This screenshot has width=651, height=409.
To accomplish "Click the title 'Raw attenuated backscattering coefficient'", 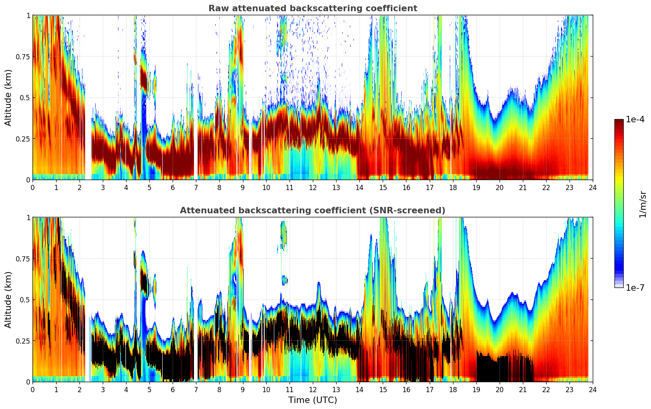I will pos(312,8).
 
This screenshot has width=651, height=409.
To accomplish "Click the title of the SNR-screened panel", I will pos(312,211).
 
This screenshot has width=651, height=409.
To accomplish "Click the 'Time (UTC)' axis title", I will pos(312,400).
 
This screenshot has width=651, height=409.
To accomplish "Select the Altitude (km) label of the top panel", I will pos(8,97).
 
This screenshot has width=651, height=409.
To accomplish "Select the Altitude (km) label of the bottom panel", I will pos(8,300).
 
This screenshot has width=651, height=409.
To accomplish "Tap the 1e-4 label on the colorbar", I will pos(635,119).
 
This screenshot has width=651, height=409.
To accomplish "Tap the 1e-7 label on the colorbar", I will pos(635,288).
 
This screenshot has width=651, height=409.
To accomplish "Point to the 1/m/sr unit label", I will pos(643,204).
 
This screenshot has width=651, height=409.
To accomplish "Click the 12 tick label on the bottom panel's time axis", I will pos(312,390).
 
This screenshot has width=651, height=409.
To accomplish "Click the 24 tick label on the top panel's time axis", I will pos(592,188).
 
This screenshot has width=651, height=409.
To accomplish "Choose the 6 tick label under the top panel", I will pos(173,188).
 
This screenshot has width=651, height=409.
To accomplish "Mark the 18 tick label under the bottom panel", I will pos(453,390).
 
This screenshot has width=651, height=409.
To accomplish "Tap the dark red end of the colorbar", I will pos(619,122).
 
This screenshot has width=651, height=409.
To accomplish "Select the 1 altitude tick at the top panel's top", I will pos(28,15).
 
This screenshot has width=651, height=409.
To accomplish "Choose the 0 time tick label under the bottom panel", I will pos(33,390).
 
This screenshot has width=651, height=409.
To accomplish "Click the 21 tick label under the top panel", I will pos(522,188).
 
